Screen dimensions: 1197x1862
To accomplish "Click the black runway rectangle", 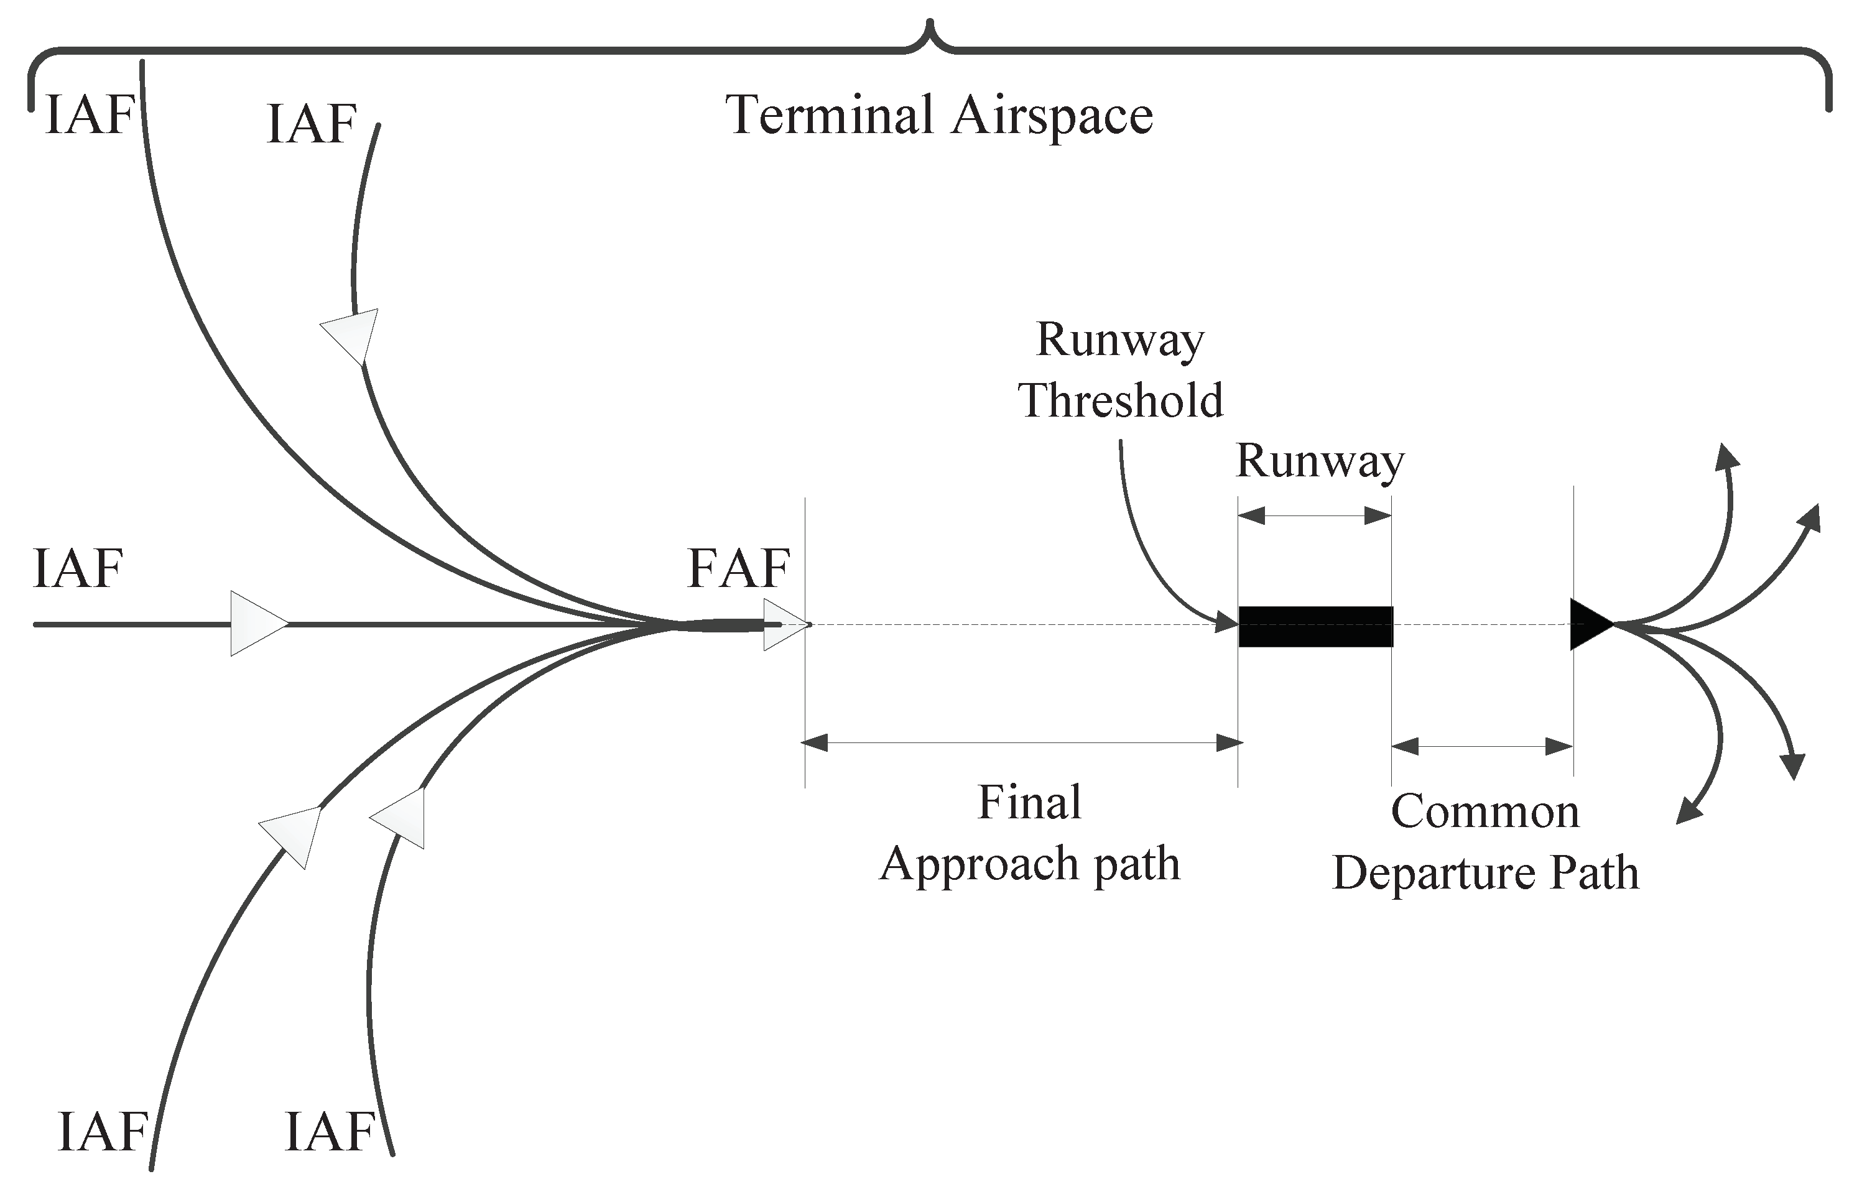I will pyautogui.click(x=1315, y=627).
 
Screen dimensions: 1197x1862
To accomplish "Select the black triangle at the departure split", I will pyautogui.click(x=1588, y=624).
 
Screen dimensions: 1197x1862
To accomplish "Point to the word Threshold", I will pyautogui.click(x=1120, y=400).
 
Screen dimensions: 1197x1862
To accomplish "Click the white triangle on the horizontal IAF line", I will pyautogui.click(x=257, y=623).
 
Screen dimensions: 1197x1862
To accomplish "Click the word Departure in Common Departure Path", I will pyautogui.click(x=1433, y=873).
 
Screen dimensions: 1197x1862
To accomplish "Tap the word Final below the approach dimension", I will pyautogui.click(x=1029, y=802).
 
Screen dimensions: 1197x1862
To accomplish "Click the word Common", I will pyautogui.click(x=1485, y=811).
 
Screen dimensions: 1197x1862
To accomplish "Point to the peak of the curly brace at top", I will pyautogui.click(x=930, y=25).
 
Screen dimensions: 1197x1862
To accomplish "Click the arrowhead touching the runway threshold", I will pyautogui.click(x=1227, y=622).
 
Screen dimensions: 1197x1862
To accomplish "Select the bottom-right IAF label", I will pyautogui.click(x=330, y=1132).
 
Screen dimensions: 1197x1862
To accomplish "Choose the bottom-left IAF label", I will pyautogui.click(x=103, y=1132).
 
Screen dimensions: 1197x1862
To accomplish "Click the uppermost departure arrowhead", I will pyautogui.click(x=1728, y=456).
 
